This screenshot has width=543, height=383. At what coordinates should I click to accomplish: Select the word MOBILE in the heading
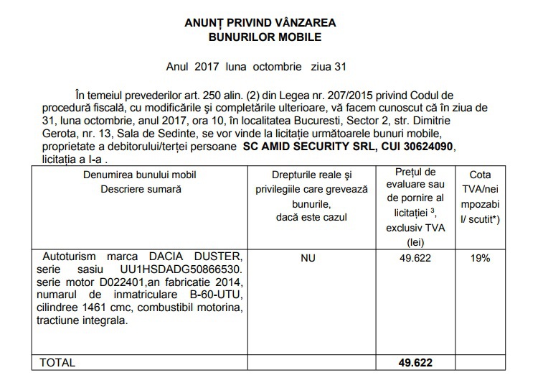pyautogui.click(x=296, y=37)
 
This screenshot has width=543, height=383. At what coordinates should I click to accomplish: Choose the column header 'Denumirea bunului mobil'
pyautogui.click(x=139, y=175)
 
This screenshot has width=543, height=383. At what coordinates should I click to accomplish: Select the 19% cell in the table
pyautogui.click(x=480, y=257)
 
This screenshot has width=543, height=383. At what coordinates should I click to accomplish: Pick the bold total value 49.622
pyautogui.click(x=416, y=363)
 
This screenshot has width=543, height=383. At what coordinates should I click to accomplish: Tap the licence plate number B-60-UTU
pyautogui.click(x=212, y=295)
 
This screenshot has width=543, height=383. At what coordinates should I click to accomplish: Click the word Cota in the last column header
pyautogui.click(x=480, y=175)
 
